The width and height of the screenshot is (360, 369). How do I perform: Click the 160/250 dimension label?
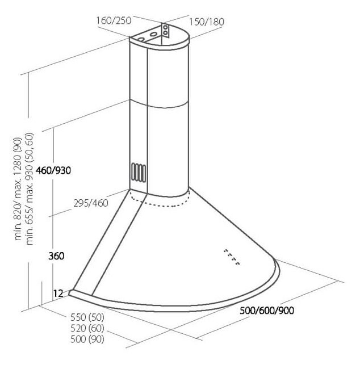tap(114, 20)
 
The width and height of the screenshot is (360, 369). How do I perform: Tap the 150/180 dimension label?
tap(207, 22)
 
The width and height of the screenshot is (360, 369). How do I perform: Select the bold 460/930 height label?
tap(53, 170)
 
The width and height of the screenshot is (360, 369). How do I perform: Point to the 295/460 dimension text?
tap(91, 203)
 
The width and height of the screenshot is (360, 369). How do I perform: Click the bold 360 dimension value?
tap(56, 256)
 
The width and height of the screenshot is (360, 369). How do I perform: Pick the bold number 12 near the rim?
tap(58, 293)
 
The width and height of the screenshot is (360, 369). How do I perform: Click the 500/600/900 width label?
tap(267, 311)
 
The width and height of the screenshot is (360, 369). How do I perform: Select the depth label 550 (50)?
tap(87, 317)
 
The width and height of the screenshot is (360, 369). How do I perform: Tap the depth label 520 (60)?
tap(87, 328)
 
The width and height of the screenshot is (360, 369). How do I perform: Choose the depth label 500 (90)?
tap(87, 339)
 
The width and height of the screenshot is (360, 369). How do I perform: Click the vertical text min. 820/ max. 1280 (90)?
tap(18, 189)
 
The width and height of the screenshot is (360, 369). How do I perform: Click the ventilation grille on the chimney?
tap(139, 172)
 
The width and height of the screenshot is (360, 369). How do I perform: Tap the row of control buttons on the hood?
tap(232, 257)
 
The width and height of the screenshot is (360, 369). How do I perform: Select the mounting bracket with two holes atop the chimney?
tap(165, 30)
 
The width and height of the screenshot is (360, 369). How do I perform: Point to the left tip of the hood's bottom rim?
tap(69, 293)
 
